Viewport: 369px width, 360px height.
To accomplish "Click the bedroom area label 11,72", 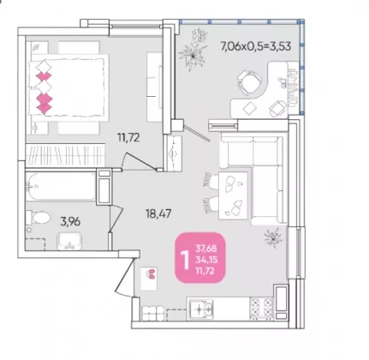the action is (128, 138).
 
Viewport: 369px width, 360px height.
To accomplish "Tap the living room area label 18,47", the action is (158, 213).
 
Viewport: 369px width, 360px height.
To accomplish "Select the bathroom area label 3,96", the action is (70, 221).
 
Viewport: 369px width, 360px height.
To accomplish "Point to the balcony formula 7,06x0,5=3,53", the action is (256, 45).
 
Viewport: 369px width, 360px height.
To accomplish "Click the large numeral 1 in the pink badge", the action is (186, 261).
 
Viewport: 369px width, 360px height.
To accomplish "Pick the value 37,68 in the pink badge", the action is (206, 249).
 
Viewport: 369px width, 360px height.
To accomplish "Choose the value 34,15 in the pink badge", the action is (206, 260).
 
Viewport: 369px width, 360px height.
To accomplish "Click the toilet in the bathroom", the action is (38, 218).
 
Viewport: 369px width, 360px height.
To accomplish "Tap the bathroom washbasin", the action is (69, 241).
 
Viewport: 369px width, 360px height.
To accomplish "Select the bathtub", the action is (61, 186).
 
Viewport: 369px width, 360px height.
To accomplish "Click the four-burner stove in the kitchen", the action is (262, 309).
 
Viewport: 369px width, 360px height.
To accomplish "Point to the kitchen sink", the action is (200, 309).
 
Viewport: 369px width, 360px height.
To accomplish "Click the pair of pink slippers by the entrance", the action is (150, 273).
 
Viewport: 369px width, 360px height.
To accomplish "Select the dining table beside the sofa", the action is (233, 195).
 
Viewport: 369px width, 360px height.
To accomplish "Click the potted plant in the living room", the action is (273, 237).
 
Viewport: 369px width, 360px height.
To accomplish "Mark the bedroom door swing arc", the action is (124, 160).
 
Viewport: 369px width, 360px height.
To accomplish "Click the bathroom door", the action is (116, 217).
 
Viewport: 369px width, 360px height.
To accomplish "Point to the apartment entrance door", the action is (124, 276).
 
